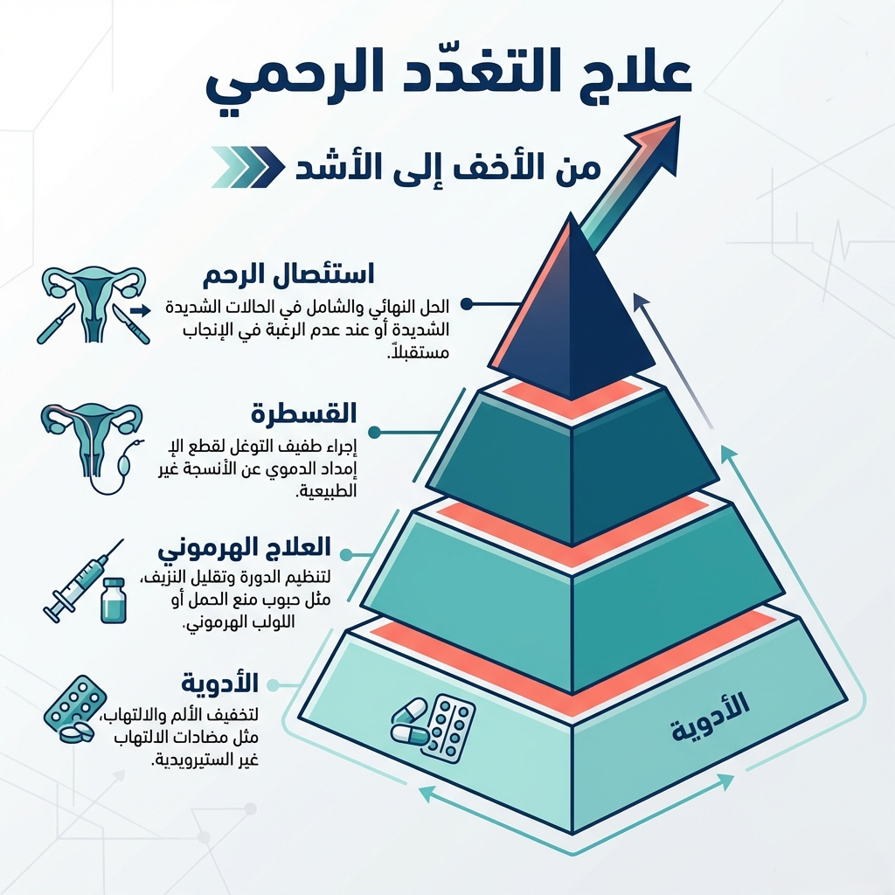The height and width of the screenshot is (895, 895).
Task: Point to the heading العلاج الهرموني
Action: pos(244,549)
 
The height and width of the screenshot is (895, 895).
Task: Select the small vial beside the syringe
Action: pos(113,601)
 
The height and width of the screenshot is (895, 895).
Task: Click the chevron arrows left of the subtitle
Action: pos(248,166)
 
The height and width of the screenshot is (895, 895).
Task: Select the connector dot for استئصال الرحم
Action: pos(466,303)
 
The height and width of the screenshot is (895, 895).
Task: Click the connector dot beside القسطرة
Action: pos(374,432)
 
